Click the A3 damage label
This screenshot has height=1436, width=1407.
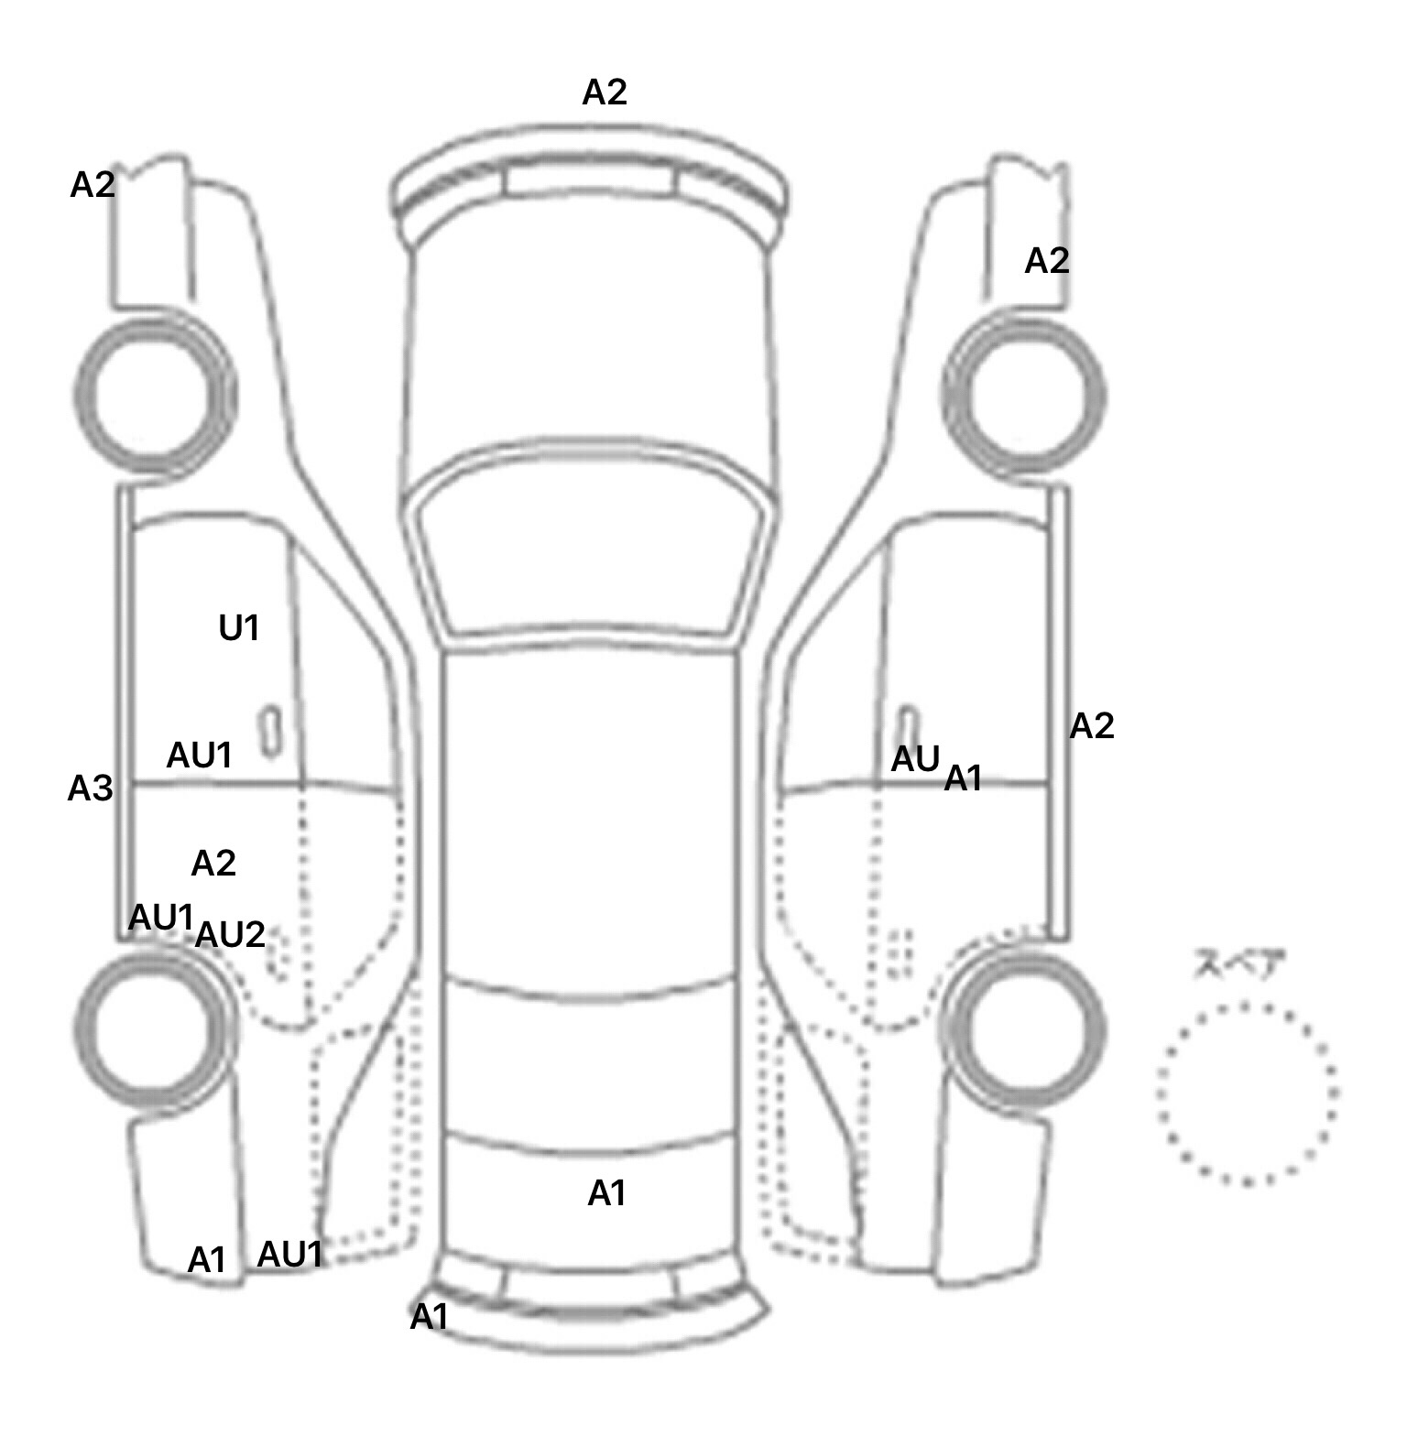tap(90, 789)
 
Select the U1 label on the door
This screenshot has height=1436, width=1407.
tap(238, 628)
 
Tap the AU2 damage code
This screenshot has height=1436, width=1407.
tap(230, 935)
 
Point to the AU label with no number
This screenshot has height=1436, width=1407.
tap(915, 759)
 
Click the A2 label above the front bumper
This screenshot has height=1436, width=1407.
tap(605, 92)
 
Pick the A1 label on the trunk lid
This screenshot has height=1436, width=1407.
tap(606, 1193)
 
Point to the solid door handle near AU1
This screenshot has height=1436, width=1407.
tap(269, 731)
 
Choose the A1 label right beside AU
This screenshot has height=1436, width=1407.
tap(963, 778)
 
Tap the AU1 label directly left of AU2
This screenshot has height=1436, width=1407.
tap(162, 918)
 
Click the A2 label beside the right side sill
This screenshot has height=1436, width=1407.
tap(1092, 726)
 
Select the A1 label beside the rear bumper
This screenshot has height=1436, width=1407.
tap(429, 1317)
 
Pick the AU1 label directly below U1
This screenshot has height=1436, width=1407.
tap(200, 756)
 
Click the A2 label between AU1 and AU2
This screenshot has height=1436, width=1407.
tap(213, 863)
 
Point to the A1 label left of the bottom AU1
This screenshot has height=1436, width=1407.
tap(206, 1261)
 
